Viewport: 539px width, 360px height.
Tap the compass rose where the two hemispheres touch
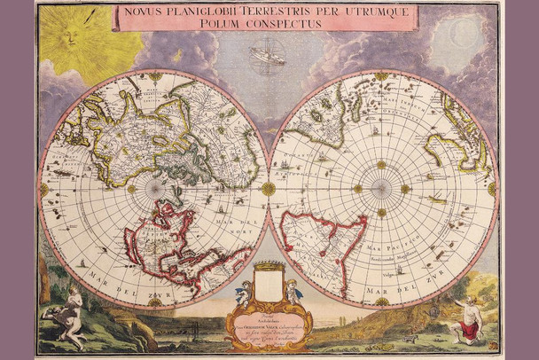[268, 189]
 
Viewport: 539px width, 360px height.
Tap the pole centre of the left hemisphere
[154, 189]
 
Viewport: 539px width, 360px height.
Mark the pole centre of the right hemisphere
[381, 189]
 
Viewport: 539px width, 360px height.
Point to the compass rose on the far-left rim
[43, 189]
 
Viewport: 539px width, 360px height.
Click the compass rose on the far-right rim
[493, 189]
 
